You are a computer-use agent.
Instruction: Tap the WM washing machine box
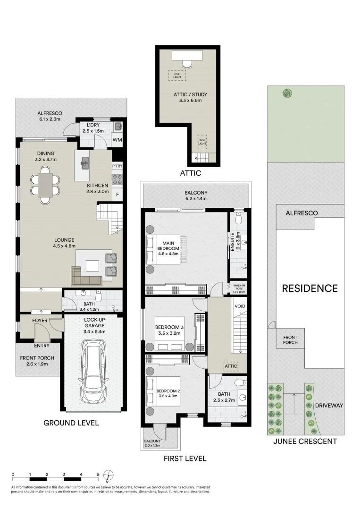point(117,140)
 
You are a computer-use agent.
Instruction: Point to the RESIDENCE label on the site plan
point(310,288)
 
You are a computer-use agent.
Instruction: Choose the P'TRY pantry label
point(117,166)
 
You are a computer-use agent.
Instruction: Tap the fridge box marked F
point(117,194)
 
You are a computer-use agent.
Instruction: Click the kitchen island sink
point(86,163)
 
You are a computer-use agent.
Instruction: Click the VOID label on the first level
point(240,306)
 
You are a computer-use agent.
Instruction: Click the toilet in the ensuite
point(239,218)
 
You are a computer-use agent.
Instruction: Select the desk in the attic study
point(187,55)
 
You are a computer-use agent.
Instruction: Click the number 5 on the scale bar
point(98,474)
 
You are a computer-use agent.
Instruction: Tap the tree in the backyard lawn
point(286,93)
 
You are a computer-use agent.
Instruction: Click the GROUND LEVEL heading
point(71,423)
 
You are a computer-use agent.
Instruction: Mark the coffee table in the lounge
point(93,264)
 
